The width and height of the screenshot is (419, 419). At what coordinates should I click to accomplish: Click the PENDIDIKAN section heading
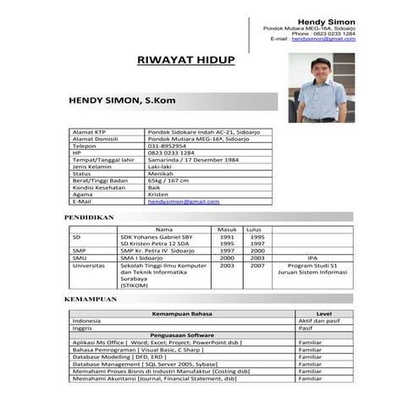tap(89, 218)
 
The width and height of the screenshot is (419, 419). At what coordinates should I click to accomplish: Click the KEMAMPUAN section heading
tap(90, 300)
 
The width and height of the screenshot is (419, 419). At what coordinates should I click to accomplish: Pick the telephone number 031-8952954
tap(168, 145)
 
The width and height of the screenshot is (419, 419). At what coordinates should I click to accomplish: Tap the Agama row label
tap(83, 195)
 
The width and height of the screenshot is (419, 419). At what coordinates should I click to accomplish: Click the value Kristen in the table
tap(158, 195)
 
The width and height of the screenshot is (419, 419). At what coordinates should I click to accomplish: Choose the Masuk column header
tap(227, 229)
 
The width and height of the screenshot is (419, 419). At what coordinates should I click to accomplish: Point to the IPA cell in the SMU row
tap(311, 257)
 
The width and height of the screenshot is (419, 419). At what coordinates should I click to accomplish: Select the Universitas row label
tap(90, 265)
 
